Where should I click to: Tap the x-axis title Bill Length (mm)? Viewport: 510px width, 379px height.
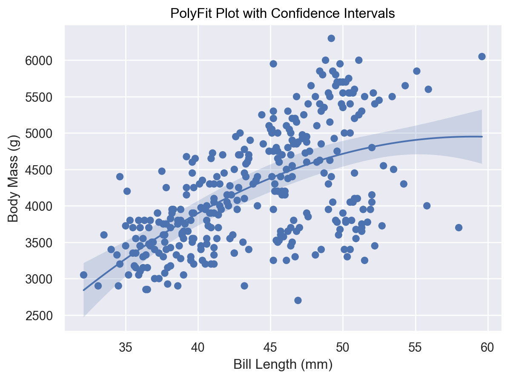(283, 365)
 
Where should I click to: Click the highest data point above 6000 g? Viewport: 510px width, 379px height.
(331, 38)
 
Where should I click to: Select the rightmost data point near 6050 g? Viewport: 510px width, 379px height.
(482, 57)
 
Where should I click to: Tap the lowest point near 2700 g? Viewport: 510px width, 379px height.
(298, 300)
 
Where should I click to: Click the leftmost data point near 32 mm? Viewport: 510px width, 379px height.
(83, 275)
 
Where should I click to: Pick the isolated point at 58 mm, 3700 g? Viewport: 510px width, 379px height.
(458, 227)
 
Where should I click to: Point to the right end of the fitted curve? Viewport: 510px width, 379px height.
(482, 137)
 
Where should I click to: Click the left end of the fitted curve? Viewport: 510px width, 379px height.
(83, 290)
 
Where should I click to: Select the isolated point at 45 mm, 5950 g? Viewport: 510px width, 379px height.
(273, 64)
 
